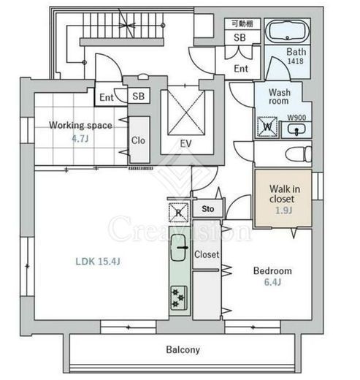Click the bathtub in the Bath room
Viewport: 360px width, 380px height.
click(x=287, y=31)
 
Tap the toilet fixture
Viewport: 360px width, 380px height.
click(x=299, y=153)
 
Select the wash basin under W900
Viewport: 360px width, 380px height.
click(x=296, y=129)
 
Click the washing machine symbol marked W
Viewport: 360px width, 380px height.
click(x=267, y=126)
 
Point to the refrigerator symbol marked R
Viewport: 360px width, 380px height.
click(x=178, y=213)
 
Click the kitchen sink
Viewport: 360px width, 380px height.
click(x=179, y=247)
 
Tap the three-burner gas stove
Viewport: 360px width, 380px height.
click(x=179, y=298)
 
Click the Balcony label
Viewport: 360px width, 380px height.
click(x=183, y=350)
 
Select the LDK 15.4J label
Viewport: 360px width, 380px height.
click(x=98, y=262)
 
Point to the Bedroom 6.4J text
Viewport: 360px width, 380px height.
click(x=272, y=276)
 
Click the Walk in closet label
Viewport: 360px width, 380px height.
click(x=285, y=194)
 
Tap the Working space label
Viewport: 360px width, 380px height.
click(x=80, y=125)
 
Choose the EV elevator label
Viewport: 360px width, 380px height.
click(x=185, y=144)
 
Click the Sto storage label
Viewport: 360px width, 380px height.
click(x=208, y=209)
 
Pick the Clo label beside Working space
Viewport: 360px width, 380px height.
click(x=138, y=140)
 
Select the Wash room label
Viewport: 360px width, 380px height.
click(x=280, y=96)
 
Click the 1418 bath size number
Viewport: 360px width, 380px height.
click(x=296, y=61)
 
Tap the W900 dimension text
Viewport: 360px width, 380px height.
click(x=296, y=118)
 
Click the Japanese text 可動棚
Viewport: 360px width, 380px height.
click(x=242, y=23)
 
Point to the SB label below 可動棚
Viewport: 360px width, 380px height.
click(x=240, y=37)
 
